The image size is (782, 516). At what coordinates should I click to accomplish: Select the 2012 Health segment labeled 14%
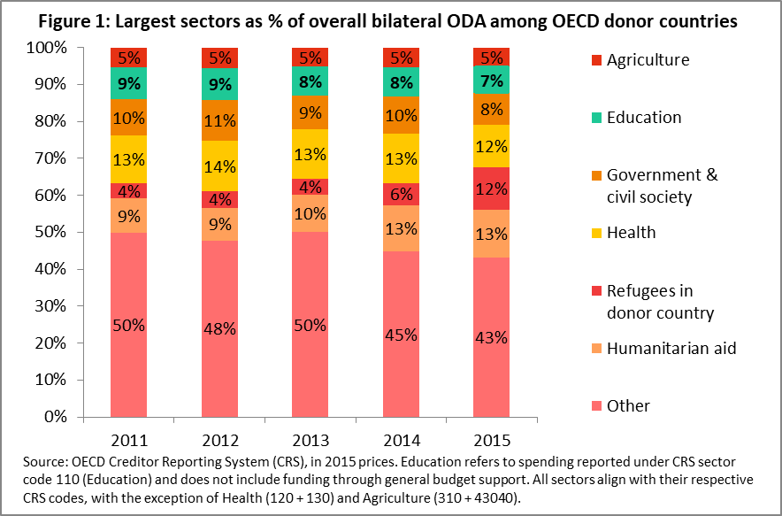point(219,166)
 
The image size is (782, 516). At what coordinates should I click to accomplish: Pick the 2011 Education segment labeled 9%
point(128,84)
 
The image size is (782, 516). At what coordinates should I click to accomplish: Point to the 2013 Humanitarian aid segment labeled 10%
point(310,213)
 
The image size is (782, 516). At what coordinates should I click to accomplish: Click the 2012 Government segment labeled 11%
point(219,120)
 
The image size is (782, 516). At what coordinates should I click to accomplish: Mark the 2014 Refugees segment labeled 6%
point(401,194)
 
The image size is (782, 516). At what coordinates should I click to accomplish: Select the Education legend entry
point(644,117)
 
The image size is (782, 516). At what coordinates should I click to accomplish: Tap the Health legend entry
point(631,232)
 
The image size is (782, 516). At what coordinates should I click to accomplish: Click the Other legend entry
point(628,405)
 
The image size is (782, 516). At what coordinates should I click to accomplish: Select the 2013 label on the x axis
point(310,438)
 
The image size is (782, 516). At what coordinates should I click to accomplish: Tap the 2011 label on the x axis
point(128,438)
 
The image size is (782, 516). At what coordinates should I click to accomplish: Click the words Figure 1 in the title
point(80,19)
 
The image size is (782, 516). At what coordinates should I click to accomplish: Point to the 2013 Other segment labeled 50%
point(310,325)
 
